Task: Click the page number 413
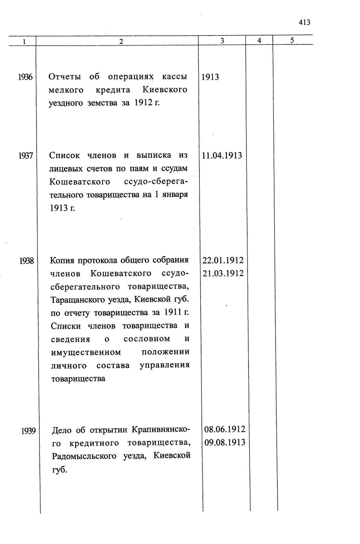pos(304,23)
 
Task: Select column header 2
pos(121,41)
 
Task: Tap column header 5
pos(292,40)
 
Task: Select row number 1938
pos(27,261)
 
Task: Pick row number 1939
pos(28,430)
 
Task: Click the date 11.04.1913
pos(222,156)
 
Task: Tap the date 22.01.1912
pos(223,261)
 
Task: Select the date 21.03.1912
pos(223,274)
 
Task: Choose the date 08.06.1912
pos(225,429)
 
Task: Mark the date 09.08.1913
pos(225,442)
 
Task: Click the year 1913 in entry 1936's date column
pos(210,77)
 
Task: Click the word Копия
pos(62,261)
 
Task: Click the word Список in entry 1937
pos(64,155)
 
